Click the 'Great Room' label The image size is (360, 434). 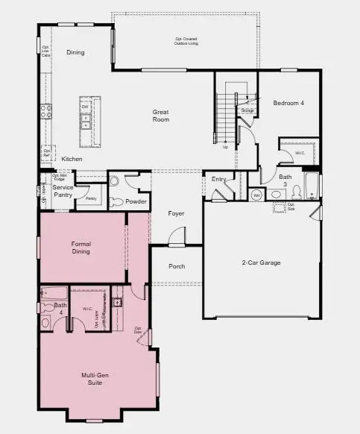[x=160, y=116]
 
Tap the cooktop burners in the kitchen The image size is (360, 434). [x=45, y=112]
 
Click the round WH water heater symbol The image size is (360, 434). [x=256, y=195]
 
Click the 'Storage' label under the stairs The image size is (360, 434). [x=247, y=110]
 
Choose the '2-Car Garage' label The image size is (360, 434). [x=261, y=262]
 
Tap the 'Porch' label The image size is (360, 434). [x=176, y=266]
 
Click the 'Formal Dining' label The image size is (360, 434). [x=80, y=248]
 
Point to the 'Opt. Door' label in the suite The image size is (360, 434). [x=139, y=329]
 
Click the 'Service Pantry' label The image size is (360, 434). [x=63, y=191]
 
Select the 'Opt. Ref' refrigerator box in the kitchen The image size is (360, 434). [x=47, y=153]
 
